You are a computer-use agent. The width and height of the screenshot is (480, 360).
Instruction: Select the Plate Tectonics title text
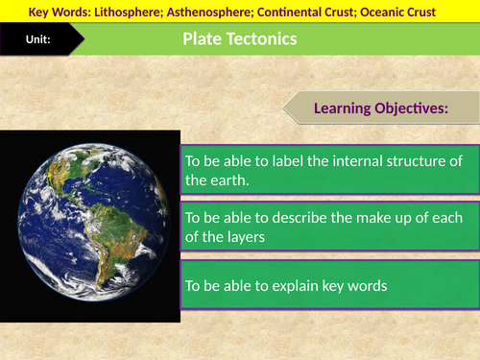tap(239, 39)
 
